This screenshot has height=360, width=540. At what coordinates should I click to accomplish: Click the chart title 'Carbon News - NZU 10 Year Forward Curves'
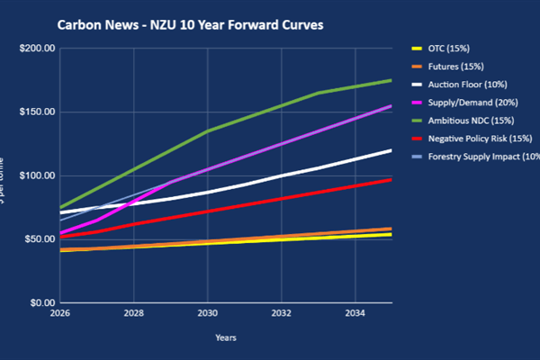[x=189, y=24]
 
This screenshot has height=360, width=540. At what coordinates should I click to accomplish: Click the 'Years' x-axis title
[x=226, y=337]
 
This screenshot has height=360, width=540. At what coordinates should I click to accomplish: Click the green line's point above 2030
[x=207, y=131]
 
